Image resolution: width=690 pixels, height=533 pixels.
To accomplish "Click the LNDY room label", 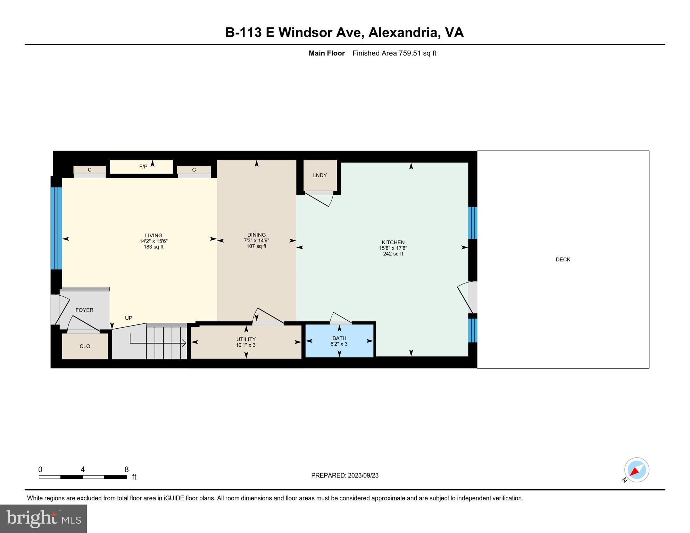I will click(x=319, y=175).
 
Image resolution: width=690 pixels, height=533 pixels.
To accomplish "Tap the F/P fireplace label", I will click(x=143, y=167).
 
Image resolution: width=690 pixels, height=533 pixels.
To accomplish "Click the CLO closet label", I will click(x=85, y=346).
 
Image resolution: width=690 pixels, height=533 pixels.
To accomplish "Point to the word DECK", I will click(x=563, y=260).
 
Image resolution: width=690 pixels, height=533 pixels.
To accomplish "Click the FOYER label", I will click(x=84, y=310).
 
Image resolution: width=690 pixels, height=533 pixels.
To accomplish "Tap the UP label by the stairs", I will click(x=128, y=318).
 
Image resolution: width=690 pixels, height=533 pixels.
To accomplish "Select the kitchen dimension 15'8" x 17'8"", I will click(x=393, y=248).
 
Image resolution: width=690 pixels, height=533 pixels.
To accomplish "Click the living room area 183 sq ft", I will click(x=153, y=247).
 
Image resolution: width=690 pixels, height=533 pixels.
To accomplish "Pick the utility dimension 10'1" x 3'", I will click(x=246, y=345).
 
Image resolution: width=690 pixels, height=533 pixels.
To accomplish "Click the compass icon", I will click(x=637, y=470).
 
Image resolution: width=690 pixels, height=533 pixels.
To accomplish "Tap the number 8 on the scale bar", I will click(x=127, y=469).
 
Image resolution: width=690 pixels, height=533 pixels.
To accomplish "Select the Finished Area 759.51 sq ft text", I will click(x=394, y=53).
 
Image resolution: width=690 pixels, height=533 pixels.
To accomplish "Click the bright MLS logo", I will click(x=43, y=518).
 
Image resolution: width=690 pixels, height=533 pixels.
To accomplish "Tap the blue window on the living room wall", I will click(x=56, y=228).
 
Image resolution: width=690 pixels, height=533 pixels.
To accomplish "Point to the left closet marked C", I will click(x=90, y=170).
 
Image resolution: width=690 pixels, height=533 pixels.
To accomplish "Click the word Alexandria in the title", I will click(x=402, y=32).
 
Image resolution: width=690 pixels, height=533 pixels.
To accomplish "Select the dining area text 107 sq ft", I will click(x=256, y=246).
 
